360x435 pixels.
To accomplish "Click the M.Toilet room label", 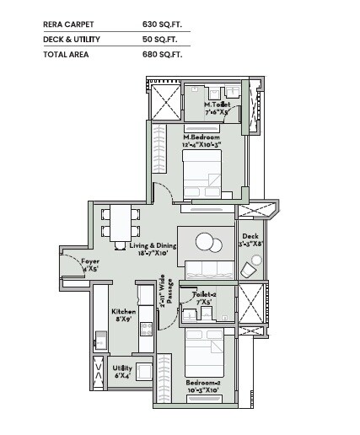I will (218, 105).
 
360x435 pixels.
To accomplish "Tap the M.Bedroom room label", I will (201, 137).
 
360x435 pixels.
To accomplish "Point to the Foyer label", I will (90, 262).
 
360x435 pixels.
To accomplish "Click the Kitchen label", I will (124, 311).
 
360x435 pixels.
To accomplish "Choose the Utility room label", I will (122, 368).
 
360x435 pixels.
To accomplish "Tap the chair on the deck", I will (251, 269).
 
